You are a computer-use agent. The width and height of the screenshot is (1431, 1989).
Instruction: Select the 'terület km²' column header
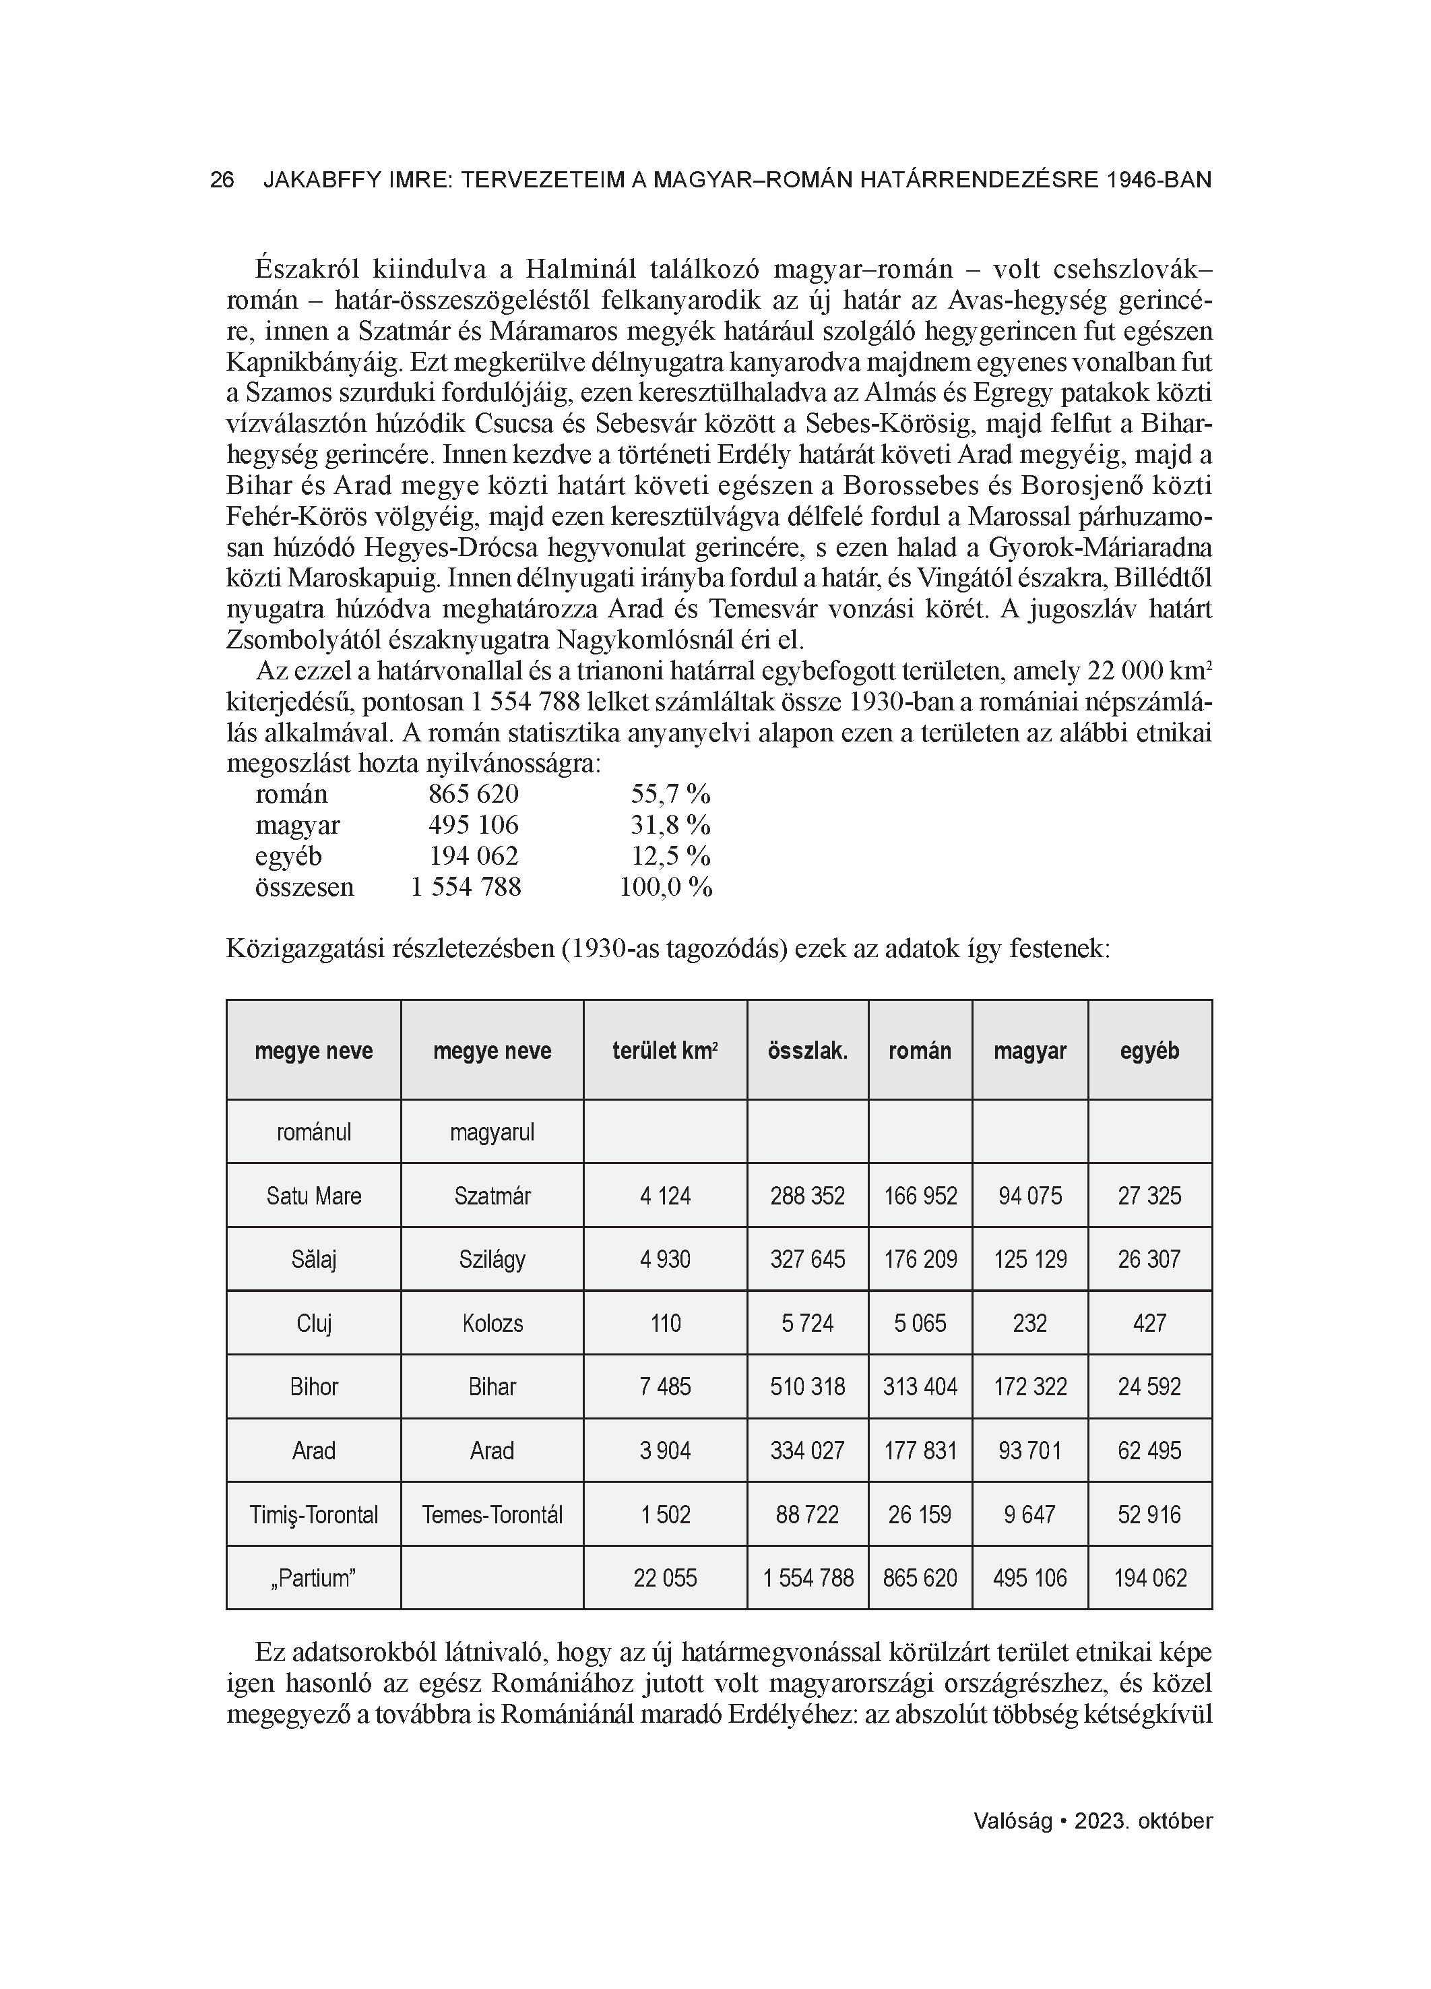pos(665,1051)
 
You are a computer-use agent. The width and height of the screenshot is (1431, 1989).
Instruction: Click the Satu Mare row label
pos(313,1195)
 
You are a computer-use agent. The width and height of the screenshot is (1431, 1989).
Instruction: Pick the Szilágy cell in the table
pos(492,1259)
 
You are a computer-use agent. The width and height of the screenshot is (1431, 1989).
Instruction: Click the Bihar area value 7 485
pos(665,1386)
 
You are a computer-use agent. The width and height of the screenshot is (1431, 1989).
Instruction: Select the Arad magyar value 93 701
pos(1029,1450)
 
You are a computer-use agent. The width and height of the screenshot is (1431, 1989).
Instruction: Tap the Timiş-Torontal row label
pos(313,1514)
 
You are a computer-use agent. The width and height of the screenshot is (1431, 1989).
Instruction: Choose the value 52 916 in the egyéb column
pos(1149,1514)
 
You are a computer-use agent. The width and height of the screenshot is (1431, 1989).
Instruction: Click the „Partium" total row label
pos(313,1579)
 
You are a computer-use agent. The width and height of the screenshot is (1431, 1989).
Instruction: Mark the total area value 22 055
pos(665,1579)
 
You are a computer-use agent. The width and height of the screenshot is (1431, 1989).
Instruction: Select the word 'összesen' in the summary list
pos(305,886)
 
